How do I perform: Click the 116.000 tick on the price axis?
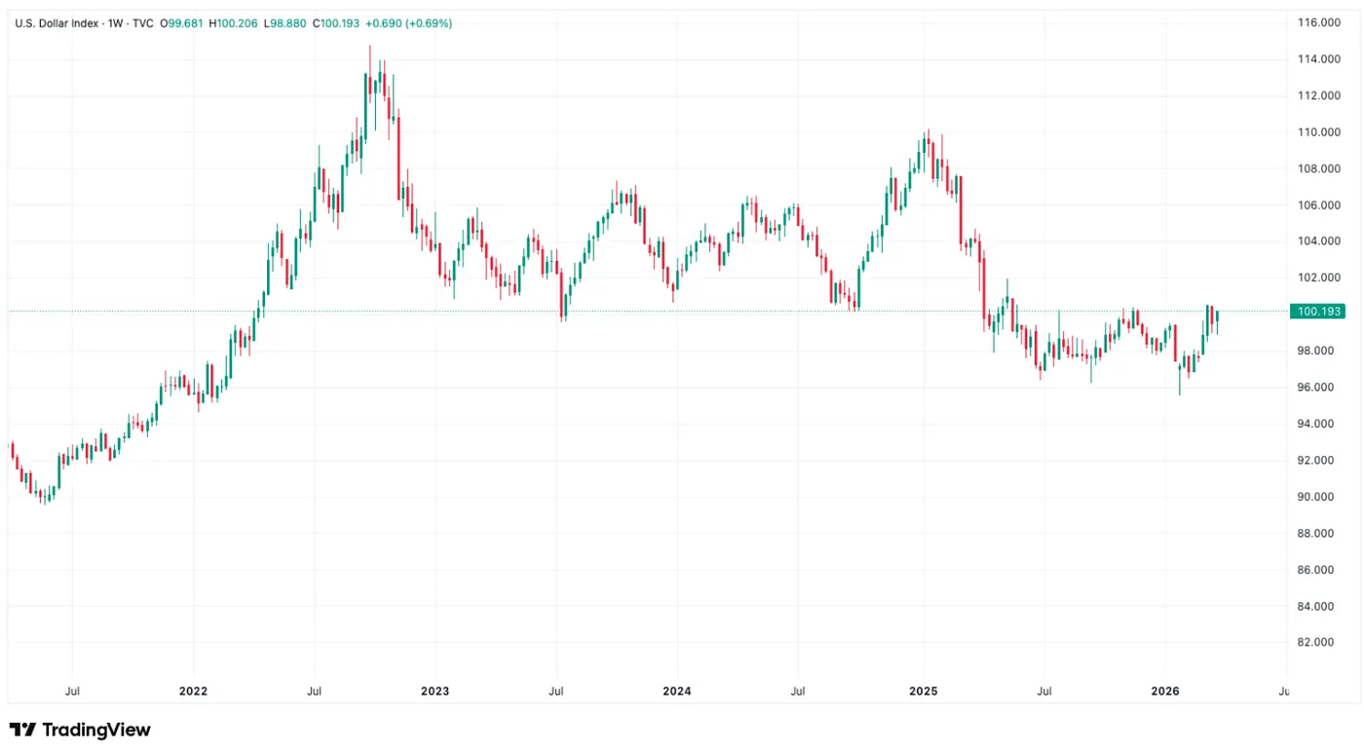(1318, 22)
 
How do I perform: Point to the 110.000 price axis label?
(1318, 131)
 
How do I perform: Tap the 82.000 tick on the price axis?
(1318, 643)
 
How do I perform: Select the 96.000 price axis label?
(1318, 388)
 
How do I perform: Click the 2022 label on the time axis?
(193, 692)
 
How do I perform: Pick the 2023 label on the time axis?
(435, 692)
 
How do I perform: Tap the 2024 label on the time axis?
(676, 692)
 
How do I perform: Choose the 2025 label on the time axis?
(923, 692)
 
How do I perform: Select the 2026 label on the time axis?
(1165, 692)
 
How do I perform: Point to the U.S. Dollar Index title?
(57, 22)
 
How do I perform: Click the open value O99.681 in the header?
(181, 22)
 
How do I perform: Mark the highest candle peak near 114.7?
(370, 47)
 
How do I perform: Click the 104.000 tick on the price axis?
(1318, 242)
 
